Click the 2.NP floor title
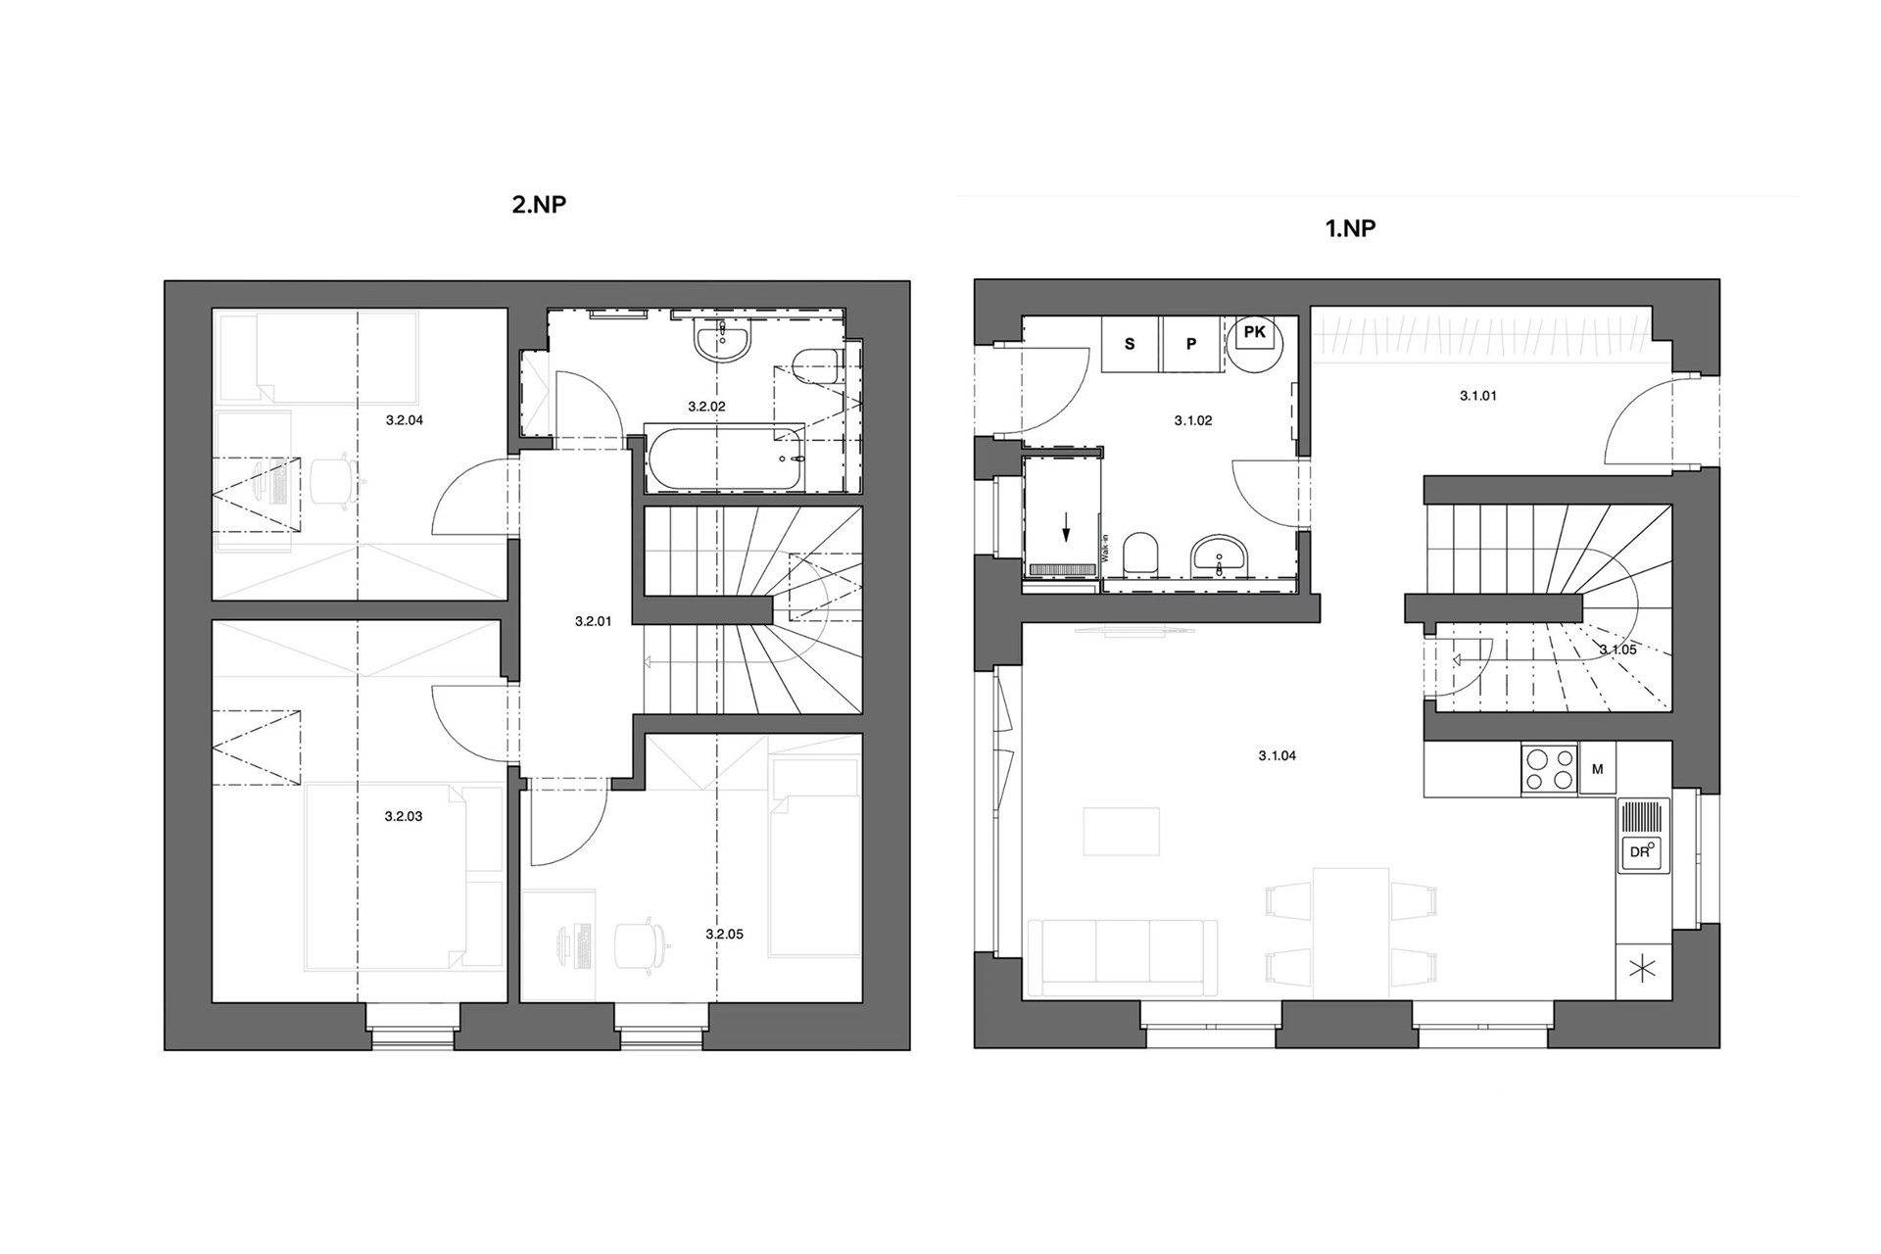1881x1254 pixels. [539, 204]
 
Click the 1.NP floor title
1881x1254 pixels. [1350, 228]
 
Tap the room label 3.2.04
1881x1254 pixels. [404, 420]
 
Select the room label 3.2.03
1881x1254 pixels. [404, 816]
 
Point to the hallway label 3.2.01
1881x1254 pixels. [593, 621]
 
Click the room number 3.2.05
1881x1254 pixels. [724, 935]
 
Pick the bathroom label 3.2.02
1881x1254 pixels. [706, 407]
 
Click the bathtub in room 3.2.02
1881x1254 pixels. [724, 458]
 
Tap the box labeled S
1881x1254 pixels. [1130, 344]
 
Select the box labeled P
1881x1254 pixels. [1191, 344]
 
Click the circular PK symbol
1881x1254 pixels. [1255, 343]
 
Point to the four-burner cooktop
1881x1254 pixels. [1549, 769]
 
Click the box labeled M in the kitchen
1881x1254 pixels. [1597, 770]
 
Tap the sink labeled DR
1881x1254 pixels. [1642, 836]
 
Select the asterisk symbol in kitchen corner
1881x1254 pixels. [1643, 970]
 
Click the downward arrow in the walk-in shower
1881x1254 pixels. [1066, 530]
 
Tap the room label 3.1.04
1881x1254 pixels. [1277, 756]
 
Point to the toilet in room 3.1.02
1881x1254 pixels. [1138, 554]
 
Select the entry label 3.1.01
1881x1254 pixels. [1478, 397]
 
